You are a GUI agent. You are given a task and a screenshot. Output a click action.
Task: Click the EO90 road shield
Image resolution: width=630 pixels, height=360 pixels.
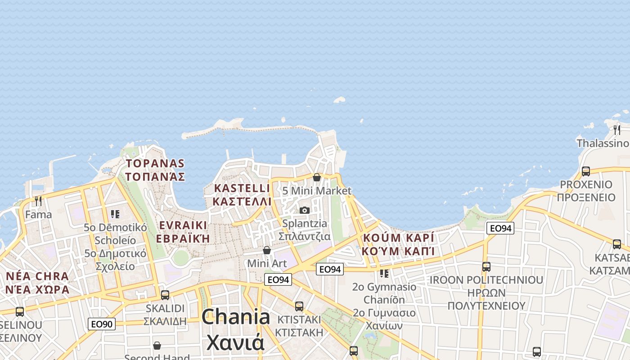coord(101,324)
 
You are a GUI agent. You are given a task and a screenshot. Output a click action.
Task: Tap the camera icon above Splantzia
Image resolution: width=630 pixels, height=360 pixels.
coord(305,210)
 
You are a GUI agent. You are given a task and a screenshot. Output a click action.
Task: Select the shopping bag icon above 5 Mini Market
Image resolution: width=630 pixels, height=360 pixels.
coord(317,177)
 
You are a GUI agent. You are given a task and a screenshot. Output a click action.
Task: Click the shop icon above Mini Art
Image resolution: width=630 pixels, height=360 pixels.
coord(267,250)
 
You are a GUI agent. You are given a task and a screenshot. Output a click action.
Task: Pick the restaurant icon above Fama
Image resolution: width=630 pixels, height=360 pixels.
coord(38,201)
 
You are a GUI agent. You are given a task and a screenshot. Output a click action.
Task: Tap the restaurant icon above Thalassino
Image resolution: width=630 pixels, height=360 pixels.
coord(617,130)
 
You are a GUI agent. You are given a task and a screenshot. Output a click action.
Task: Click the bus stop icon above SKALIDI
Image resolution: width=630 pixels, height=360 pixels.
coord(165,295)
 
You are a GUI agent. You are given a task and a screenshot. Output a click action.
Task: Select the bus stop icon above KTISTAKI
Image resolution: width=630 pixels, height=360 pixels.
coord(299,306)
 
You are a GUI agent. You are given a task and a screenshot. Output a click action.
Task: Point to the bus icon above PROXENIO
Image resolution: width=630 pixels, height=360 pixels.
coord(586,171)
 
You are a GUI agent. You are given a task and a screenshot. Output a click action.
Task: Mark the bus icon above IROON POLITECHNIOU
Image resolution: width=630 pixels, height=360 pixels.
coord(486,266)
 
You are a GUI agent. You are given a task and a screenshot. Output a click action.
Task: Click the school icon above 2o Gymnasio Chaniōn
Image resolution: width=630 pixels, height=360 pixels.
coord(384,273)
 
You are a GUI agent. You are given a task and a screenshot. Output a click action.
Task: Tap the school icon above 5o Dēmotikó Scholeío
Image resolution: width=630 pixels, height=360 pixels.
coord(115,214)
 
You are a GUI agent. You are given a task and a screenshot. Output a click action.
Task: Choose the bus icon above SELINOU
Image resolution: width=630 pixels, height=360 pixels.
coord(20,311)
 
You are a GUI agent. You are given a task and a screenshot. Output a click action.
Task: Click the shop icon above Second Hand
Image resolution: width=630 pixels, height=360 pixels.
coord(157,346)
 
